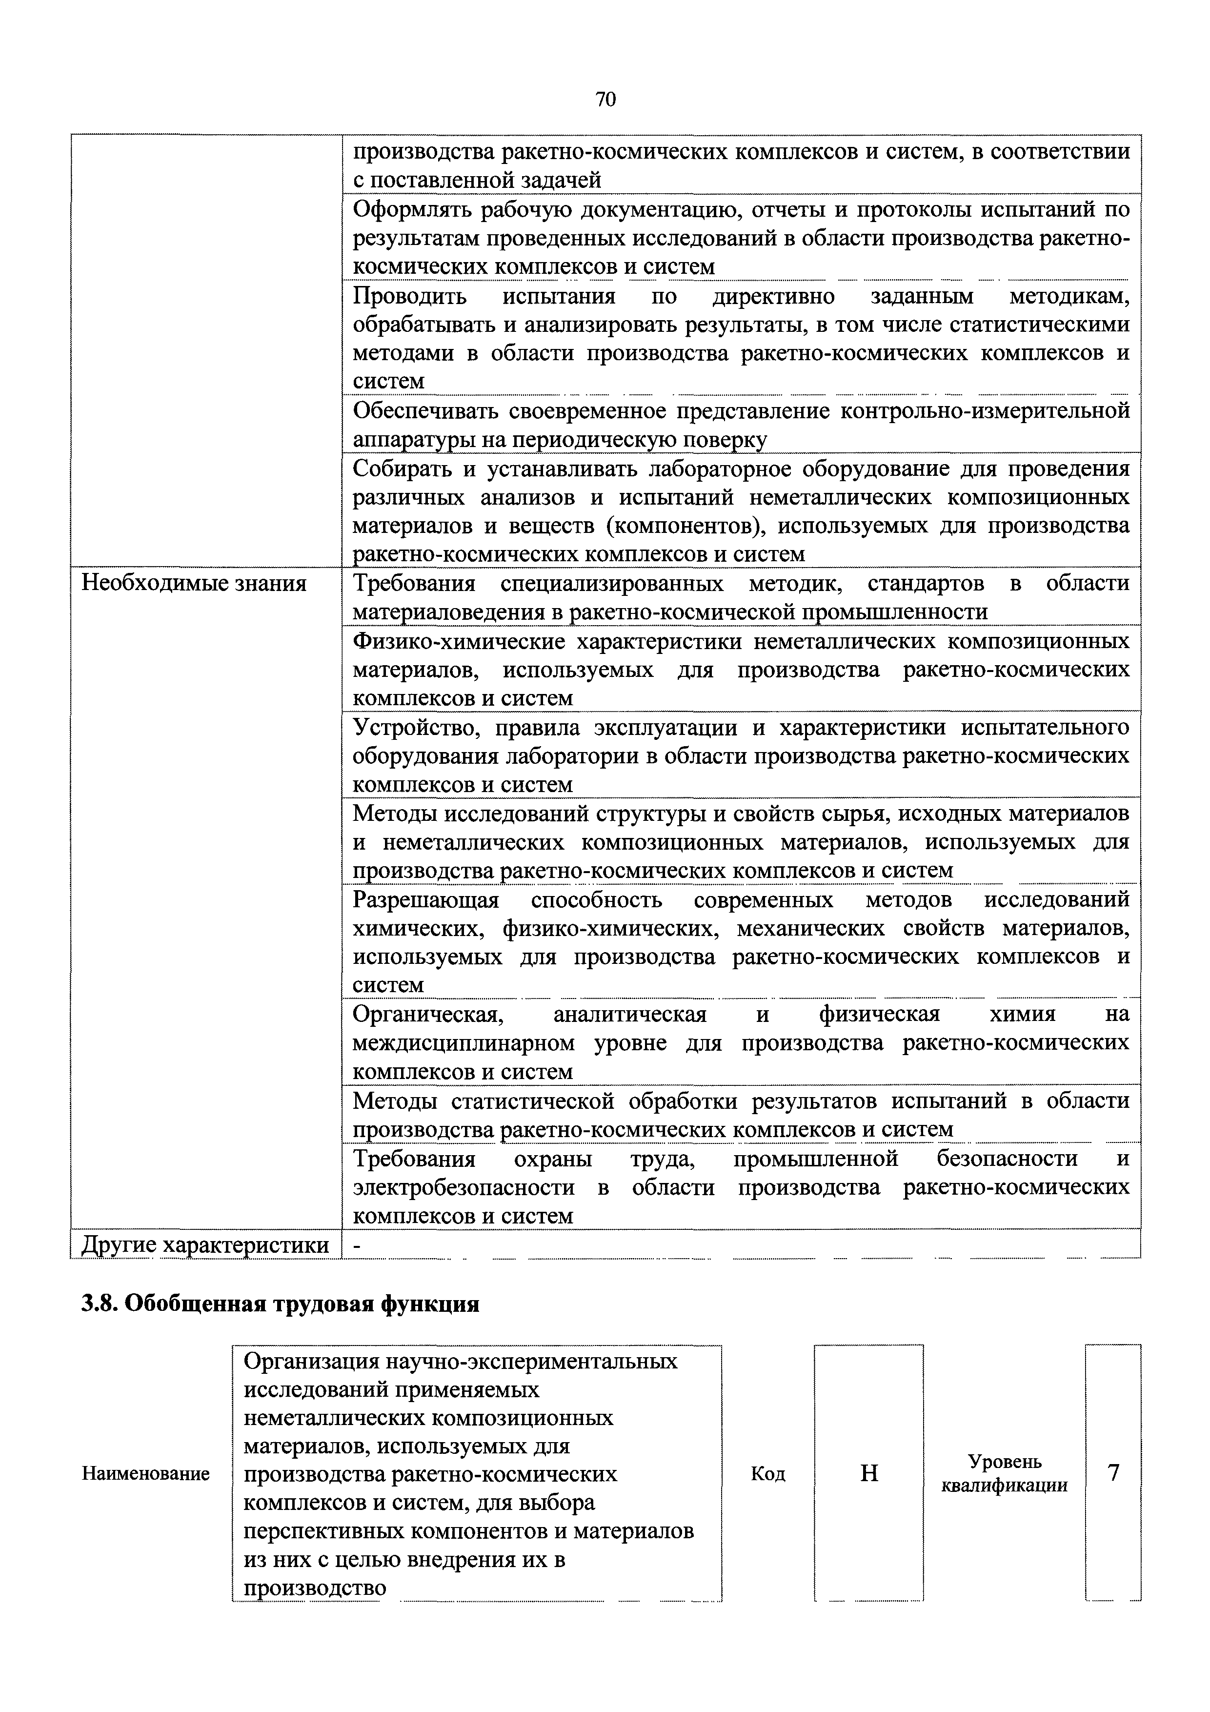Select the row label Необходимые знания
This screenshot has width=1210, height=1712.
point(194,583)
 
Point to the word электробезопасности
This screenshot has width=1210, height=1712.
point(463,1187)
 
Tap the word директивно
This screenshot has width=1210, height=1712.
point(773,297)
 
